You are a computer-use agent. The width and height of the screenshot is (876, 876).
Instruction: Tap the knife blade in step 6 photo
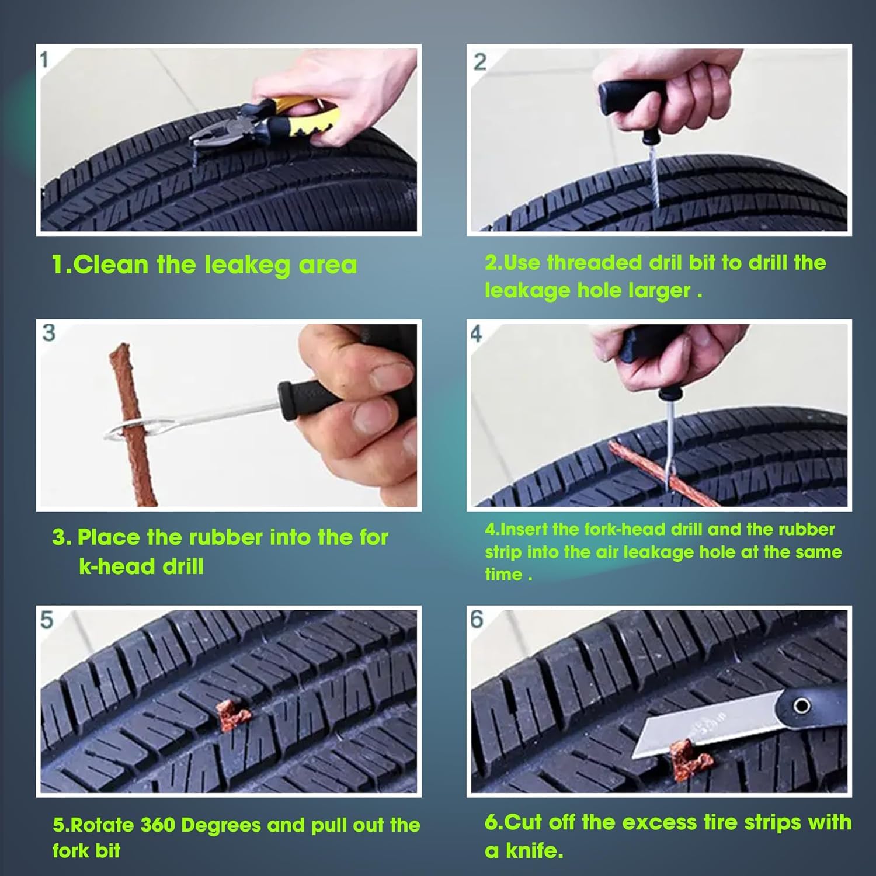point(701,731)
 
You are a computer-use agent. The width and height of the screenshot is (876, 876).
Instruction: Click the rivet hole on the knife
point(801,706)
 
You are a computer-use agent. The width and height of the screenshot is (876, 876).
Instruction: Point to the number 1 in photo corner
point(45,60)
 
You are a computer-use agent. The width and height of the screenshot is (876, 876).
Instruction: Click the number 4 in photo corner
point(477,334)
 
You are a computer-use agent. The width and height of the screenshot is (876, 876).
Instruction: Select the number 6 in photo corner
point(477,620)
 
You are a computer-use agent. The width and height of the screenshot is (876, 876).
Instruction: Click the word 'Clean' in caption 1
point(111,265)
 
